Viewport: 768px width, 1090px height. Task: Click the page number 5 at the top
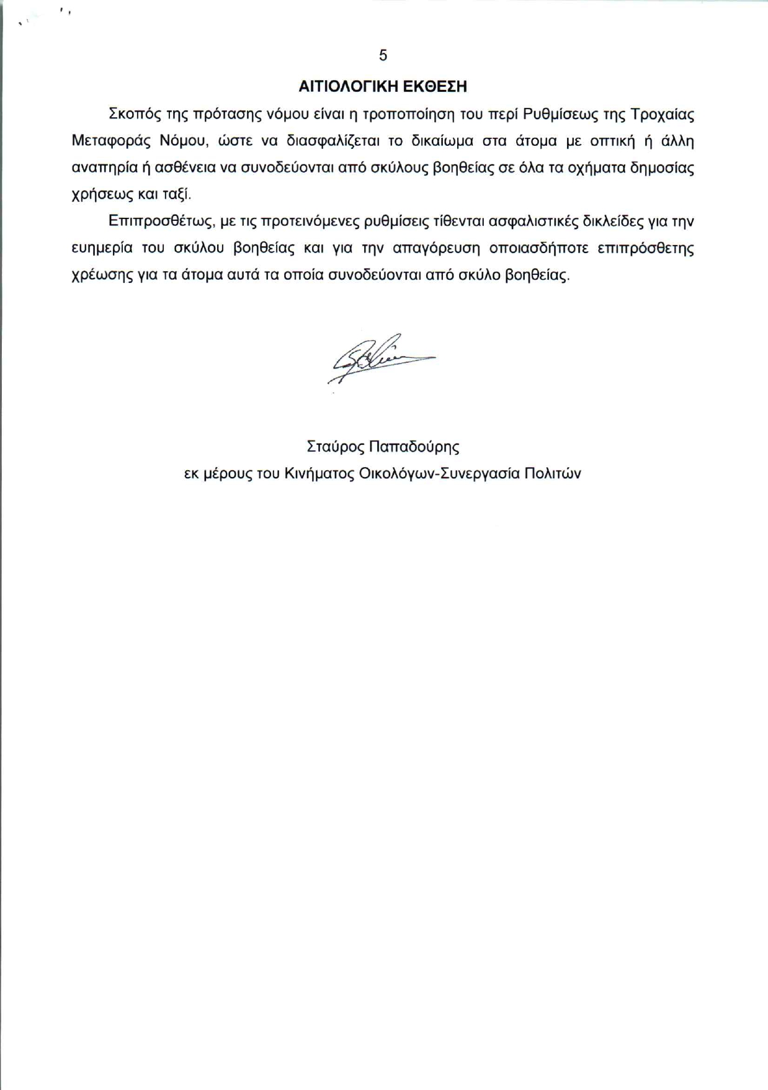tap(383, 56)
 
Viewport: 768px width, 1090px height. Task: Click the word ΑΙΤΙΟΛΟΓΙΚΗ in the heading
tap(348, 87)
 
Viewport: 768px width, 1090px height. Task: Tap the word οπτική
tap(613, 141)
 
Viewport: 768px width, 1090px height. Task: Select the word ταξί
tap(177, 195)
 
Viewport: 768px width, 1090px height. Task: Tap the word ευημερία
tap(102, 248)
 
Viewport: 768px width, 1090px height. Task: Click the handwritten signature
tap(379, 358)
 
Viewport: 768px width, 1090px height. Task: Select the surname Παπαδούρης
tap(414, 447)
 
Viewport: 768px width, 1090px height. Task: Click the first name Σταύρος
tap(335, 447)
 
